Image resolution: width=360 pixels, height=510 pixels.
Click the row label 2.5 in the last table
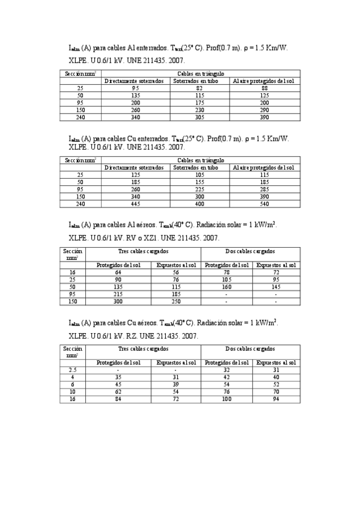click(x=71, y=370)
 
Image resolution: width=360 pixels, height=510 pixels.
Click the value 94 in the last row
click(x=276, y=399)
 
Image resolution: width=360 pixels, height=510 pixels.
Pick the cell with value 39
click(x=176, y=384)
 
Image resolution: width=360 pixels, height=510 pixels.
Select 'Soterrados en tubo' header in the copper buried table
click(x=195, y=167)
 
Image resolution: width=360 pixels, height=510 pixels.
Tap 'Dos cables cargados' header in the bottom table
click(x=250, y=349)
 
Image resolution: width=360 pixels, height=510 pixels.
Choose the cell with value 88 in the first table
click(x=264, y=88)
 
